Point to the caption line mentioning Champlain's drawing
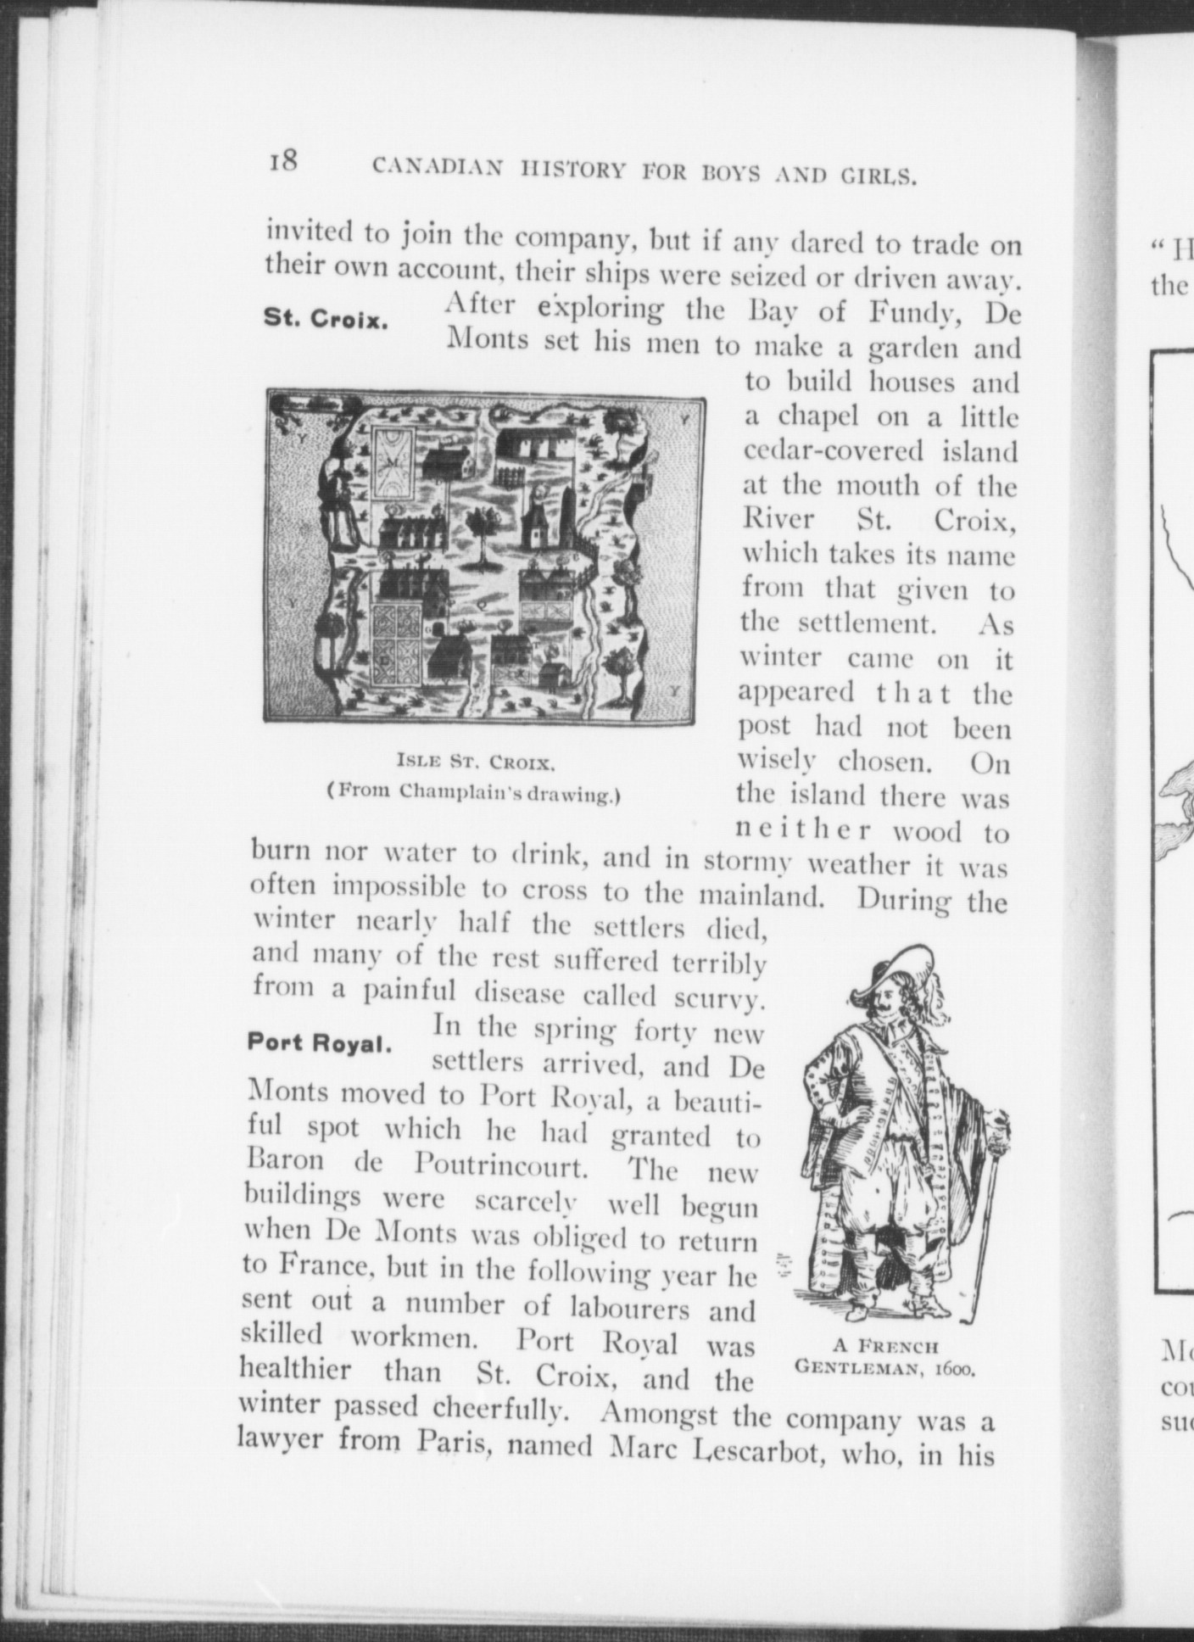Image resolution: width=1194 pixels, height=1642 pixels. [x=475, y=795]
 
